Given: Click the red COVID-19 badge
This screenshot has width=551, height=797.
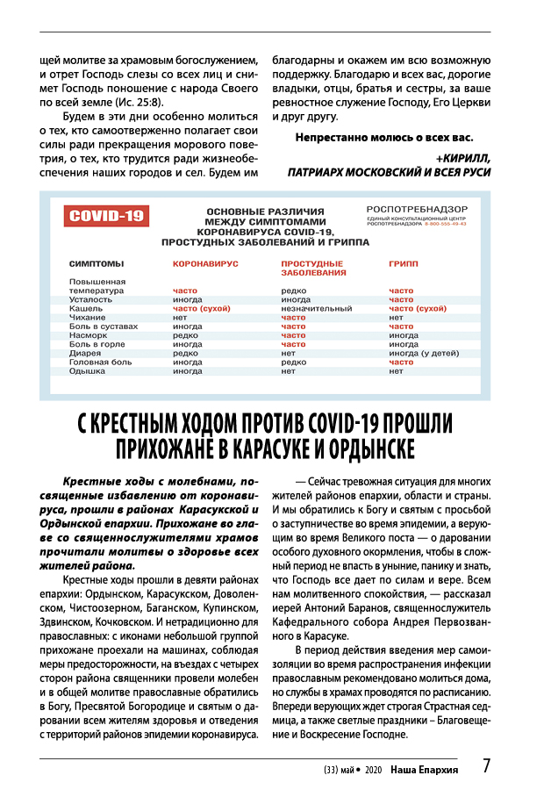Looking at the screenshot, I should [108, 216].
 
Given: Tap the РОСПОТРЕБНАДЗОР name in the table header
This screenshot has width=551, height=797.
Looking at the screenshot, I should [416, 209].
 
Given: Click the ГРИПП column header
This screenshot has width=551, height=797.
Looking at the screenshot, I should [404, 263].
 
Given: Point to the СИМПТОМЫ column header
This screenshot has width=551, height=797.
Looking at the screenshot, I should [96, 263].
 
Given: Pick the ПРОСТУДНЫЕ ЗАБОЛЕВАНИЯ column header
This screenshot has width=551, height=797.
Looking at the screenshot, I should [313, 268].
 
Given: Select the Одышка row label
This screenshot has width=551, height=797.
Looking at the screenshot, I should [88, 370].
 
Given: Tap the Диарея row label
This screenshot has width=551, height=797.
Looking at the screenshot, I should [87, 353].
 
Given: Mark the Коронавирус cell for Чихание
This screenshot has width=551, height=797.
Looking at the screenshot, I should [180, 317].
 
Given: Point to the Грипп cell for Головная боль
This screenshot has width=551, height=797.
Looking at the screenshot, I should [401, 362].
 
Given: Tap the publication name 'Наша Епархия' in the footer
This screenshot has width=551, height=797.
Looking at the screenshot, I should [425, 768].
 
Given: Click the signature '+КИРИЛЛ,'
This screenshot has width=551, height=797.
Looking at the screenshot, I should [462, 158].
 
